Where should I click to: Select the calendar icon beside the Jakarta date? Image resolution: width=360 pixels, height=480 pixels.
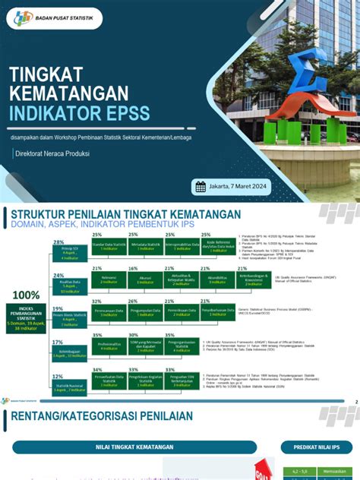[201, 187]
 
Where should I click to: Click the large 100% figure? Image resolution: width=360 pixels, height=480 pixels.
[27, 295]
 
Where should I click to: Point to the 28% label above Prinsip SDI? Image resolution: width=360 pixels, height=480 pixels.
[58, 242]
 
